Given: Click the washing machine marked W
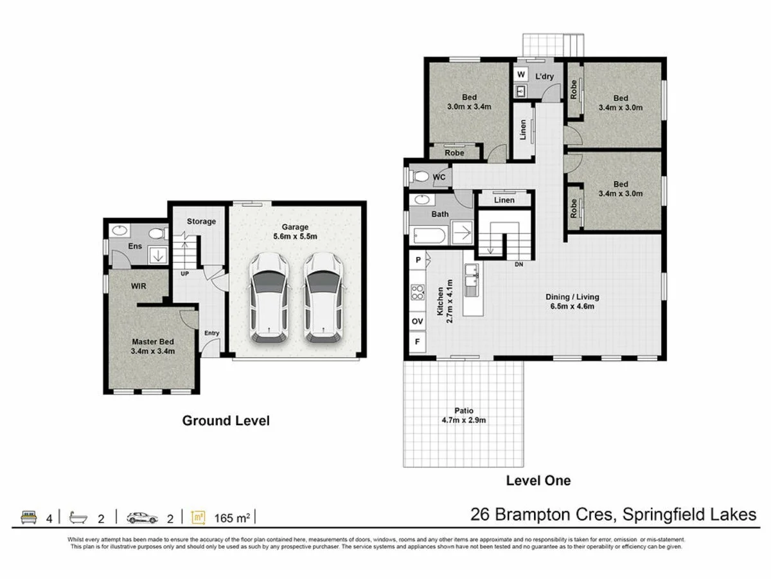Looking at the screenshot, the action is [520, 75].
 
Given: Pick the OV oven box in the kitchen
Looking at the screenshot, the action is [417, 320].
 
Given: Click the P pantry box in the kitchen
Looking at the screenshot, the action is [418, 260].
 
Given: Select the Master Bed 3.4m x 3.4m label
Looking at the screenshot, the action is [153, 346].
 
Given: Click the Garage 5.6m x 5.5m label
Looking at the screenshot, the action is [295, 231].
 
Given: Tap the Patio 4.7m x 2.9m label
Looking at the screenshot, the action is [462, 416].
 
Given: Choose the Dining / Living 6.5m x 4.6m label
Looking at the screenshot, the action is [572, 301].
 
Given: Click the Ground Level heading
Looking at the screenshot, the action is [226, 421].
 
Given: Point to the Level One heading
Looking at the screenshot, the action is [538, 480].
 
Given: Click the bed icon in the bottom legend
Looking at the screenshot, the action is [28, 517].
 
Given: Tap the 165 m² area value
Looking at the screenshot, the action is [232, 517].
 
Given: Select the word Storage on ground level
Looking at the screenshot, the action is [201, 221].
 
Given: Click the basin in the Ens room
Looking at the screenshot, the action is [120, 230].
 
